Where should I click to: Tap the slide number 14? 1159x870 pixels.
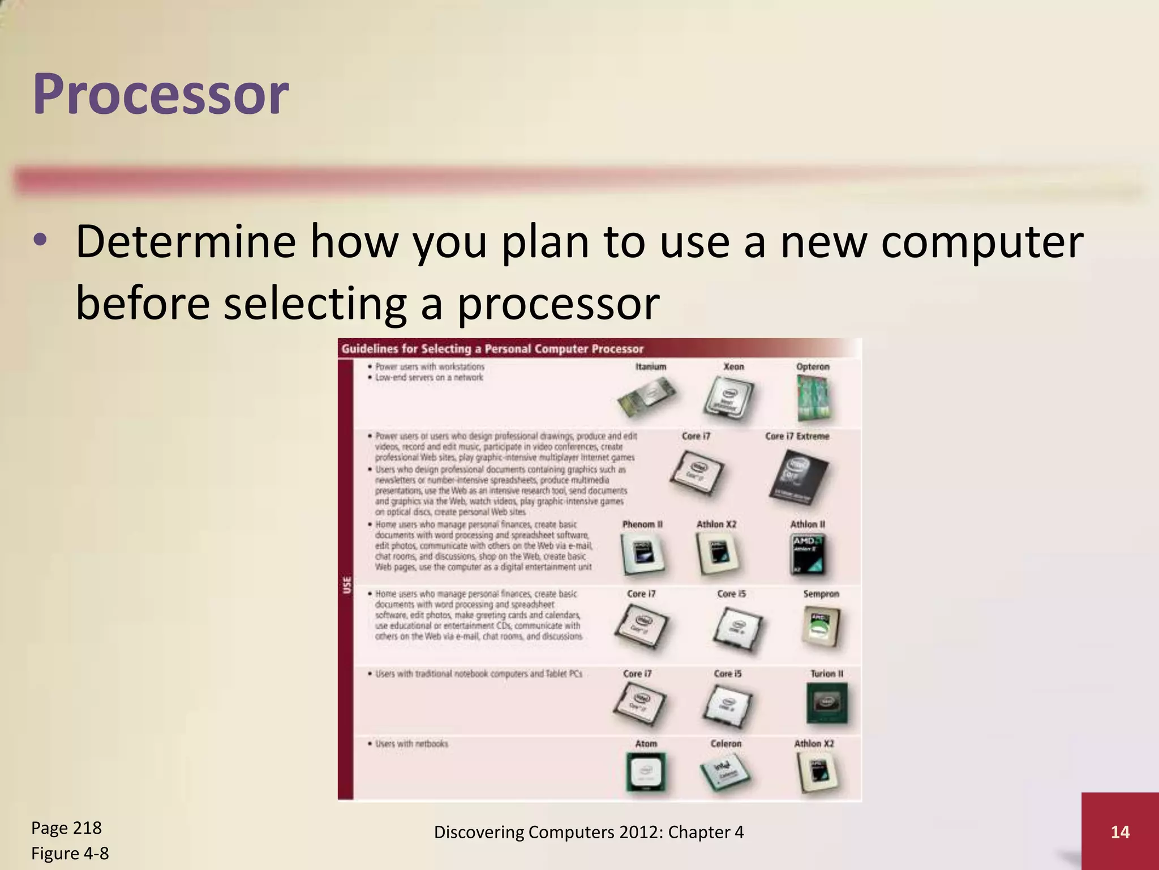point(1120,831)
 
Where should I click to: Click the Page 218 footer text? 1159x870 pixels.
point(66,828)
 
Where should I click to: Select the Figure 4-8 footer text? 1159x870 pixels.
point(70,853)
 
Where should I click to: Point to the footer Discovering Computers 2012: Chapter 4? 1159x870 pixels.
point(589,831)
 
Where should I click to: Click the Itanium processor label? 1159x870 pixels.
point(651,366)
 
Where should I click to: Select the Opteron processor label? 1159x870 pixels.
point(813,366)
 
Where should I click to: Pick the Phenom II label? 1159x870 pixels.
point(642,524)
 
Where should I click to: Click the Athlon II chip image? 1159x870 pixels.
point(808,554)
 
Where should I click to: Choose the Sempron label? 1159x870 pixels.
point(821,594)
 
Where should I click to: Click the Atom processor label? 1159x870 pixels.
point(646,743)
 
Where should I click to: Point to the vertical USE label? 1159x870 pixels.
point(347,585)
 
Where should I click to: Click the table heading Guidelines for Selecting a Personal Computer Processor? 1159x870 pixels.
point(492,349)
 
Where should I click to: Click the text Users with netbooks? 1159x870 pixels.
point(411,743)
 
